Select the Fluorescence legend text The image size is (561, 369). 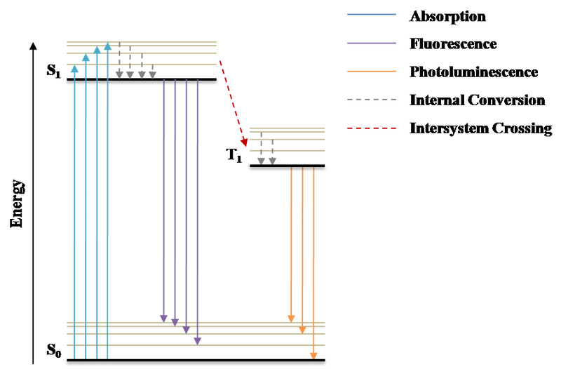click(x=452, y=43)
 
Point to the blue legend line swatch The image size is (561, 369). click(x=372, y=15)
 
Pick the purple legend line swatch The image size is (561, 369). click(x=372, y=43)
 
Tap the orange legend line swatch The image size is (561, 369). click(x=372, y=72)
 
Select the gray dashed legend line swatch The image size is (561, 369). click(x=372, y=100)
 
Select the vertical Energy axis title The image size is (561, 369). click(x=15, y=203)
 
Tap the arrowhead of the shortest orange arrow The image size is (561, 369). click(x=291, y=318)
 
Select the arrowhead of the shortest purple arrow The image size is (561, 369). click(x=163, y=317)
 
